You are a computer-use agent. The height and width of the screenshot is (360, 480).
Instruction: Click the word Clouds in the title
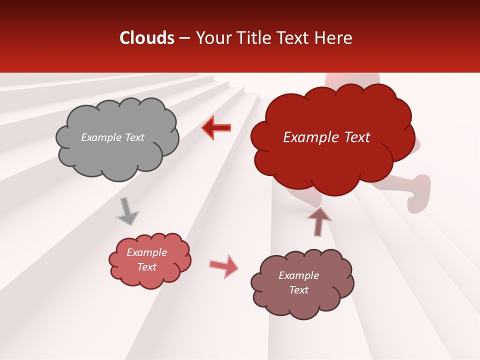pos(147,38)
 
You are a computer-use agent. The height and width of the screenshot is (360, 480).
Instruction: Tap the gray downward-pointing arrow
pos(127,211)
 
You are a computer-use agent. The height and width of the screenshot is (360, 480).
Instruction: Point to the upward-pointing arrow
pos(319,221)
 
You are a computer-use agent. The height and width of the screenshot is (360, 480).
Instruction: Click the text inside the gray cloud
pos(112,137)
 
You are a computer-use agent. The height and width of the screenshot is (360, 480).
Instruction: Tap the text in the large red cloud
pos(326,137)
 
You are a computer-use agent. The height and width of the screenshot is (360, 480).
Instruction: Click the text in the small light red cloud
pos(147,259)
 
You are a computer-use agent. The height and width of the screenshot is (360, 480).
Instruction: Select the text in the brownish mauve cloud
pos(298,282)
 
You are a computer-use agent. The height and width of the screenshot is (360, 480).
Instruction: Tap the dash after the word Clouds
pos(184,38)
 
